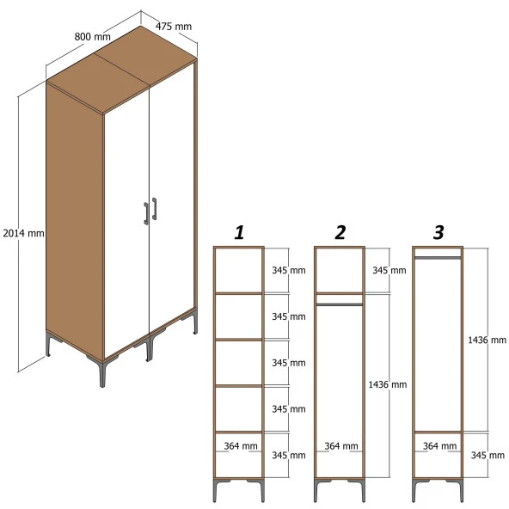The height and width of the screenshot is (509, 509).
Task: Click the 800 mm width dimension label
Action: click(x=92, y=37)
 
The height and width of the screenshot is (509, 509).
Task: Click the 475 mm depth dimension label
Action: click(x=174, y=27)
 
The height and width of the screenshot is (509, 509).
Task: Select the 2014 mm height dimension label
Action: click(x=23, y=233)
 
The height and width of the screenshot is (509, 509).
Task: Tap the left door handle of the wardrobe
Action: click(x=145, y=212)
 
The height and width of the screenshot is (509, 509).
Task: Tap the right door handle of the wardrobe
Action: click(x=155, y=208)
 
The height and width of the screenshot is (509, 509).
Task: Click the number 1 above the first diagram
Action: click(x=239, y=232)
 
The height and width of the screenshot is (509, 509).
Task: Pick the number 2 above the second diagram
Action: click(x=340, y=232)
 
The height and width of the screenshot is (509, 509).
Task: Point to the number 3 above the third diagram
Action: click(x=438, y=232)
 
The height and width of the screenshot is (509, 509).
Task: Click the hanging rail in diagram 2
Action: click(x=340, y=303)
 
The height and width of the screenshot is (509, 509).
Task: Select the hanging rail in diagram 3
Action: click(x=438, y=256)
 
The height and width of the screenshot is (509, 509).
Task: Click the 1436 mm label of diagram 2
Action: click(x=386, y=384)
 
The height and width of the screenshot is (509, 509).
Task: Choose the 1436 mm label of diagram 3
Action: click(x=487, y=340)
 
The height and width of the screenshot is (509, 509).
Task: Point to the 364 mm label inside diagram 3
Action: click(x=439, y=446)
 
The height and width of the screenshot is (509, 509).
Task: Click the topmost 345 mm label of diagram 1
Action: click(x=288, y=271)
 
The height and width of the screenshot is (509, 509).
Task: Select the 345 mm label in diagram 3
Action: click(x=487, y=455)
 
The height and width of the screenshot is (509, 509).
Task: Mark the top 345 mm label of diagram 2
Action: click(x=388, y=271)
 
